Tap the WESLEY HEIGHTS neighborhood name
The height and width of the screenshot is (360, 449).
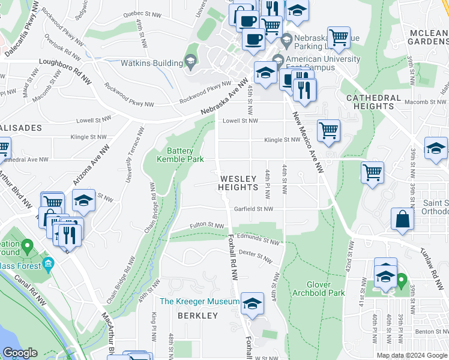click(238, 183)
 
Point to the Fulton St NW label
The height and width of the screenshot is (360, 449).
click(207, 226)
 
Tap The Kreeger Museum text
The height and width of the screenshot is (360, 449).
click(199, 301)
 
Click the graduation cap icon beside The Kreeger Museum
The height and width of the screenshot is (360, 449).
click(252, 304)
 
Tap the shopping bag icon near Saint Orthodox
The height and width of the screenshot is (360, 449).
click(401, 220)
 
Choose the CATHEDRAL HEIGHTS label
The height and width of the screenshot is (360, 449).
click(378, 101)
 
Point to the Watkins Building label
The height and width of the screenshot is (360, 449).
click(153, 63)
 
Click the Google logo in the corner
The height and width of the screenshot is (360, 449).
click(20, 353)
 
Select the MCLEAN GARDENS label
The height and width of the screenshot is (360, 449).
click(427, 37)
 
